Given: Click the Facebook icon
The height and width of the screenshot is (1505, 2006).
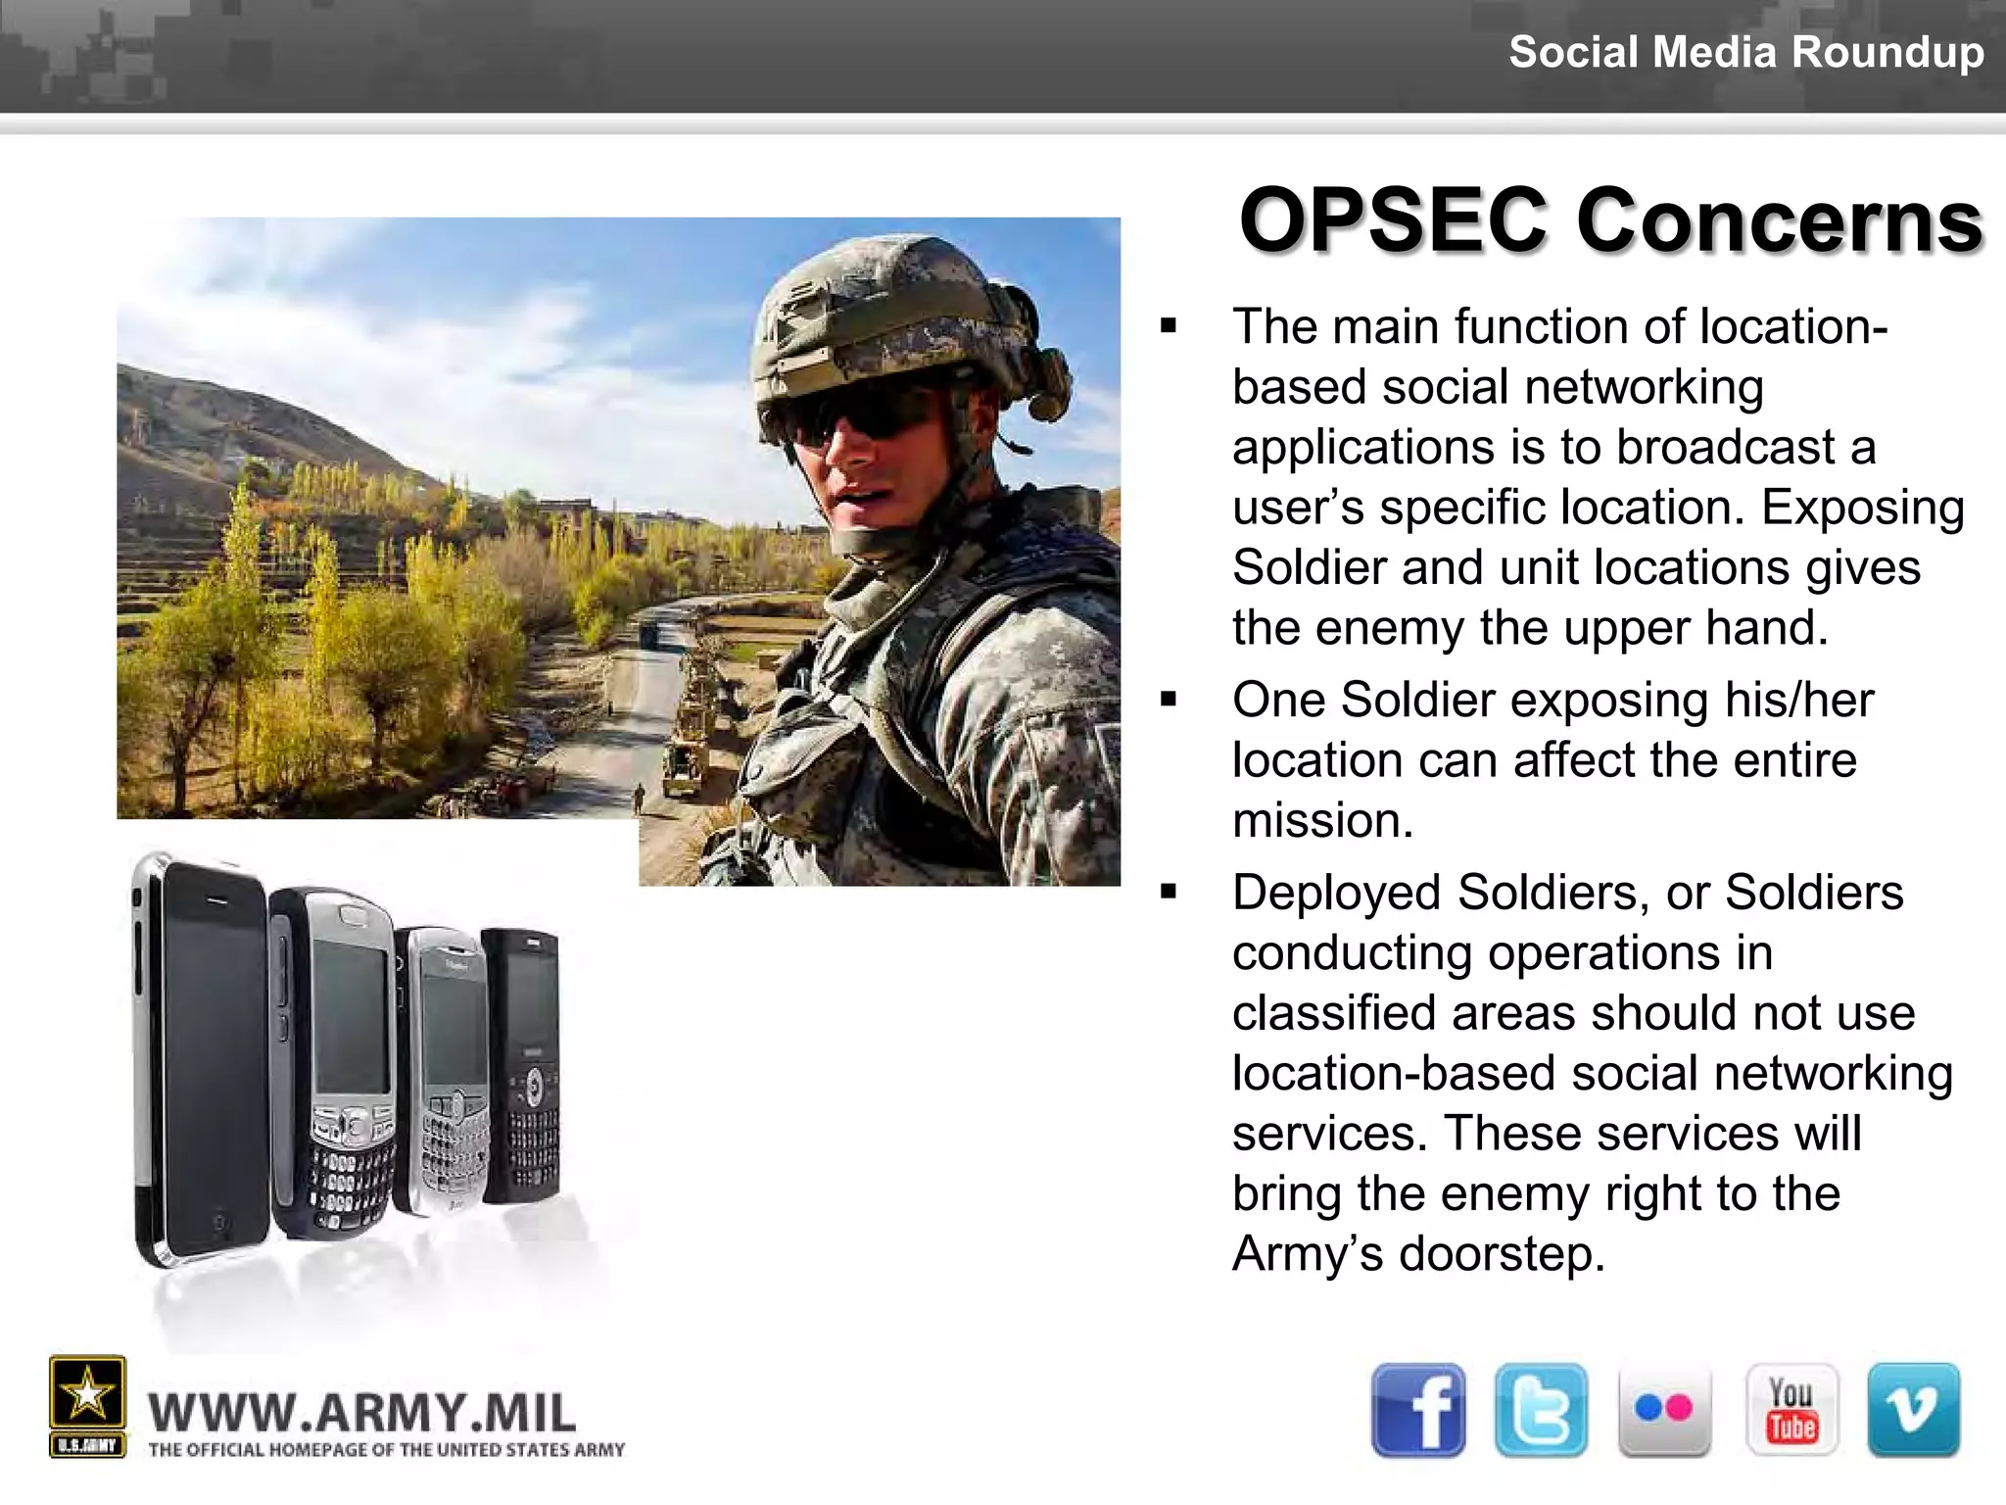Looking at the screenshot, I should click(x=1417, y=1410).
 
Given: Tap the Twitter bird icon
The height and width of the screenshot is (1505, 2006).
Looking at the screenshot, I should click(x=1541, y=1410).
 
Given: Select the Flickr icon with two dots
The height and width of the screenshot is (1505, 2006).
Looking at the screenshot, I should click(x=1664, y=1410).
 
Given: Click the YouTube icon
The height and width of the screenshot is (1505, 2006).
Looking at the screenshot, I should click(x=1791, y=1410).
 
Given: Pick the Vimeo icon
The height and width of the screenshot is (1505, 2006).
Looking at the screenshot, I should click(x=1913, y=1410).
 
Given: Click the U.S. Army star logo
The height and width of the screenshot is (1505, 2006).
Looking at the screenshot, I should click(x=87, y=1396).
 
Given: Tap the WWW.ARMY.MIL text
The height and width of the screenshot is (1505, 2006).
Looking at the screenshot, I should click(x=362, y=1413).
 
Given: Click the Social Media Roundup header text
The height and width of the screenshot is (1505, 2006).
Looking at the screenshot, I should click(x=1745, y=51).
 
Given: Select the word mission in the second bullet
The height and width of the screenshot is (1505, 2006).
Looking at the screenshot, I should click(x=1321, y=820).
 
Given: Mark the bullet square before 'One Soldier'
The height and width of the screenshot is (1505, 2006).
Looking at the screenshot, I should click(x=1168, y=700).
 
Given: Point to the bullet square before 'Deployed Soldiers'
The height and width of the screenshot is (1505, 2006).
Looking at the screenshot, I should click(x=1168, y=893).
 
